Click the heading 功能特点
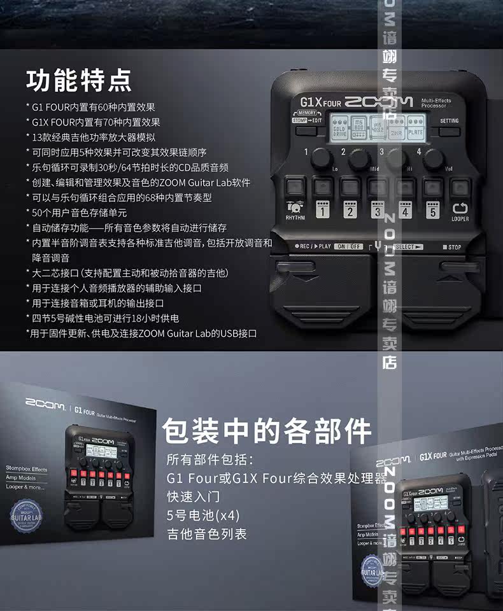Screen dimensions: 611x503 point(79,81)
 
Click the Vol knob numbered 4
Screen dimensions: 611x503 point(432,157)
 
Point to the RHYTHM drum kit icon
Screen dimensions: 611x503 point(295,207)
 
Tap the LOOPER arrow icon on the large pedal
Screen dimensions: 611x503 point(459,208)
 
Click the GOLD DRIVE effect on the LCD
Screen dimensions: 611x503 point(339,131)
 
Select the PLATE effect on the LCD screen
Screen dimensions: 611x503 point(415,131)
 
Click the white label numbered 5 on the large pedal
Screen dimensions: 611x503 point(432,211)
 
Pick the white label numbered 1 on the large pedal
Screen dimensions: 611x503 point(322,211)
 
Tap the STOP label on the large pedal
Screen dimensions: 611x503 point(452,247)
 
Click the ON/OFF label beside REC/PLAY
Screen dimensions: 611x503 point(348,246)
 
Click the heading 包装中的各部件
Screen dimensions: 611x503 point(267,431)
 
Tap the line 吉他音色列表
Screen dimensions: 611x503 point(207,533)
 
